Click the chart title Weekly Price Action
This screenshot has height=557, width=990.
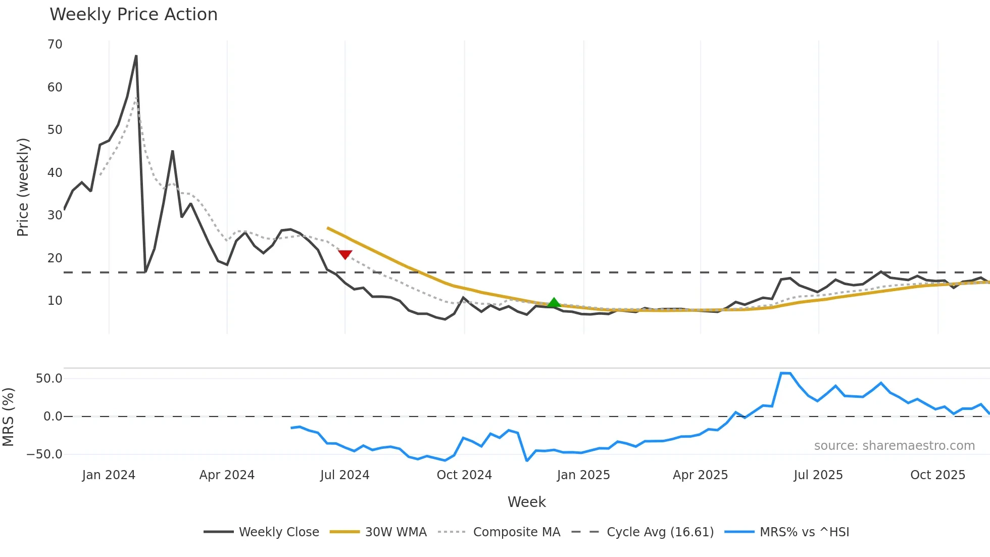(x=133, y=15)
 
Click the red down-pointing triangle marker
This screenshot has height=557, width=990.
(x=345, y=254)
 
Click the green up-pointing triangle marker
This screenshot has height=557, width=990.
(x=554, y=303)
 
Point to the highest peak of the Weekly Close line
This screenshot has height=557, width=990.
(x=136, y=56)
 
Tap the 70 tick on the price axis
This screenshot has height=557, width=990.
(x=55, y=44)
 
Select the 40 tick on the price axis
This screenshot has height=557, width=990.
(x=55, y=173)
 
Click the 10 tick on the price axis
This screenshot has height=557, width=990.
(x=55, y=301)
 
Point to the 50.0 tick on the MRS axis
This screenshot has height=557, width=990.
(x=49, y=379)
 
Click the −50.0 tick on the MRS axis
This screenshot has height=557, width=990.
(x=44, y=454)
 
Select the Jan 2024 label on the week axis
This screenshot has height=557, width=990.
(x=109, y=475)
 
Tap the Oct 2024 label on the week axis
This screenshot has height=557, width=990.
(x=464, y=475)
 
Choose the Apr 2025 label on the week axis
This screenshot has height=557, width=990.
(x=700, y=475)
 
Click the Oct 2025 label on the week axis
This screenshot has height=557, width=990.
(x=937, y=475)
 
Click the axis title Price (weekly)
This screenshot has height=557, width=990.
(x=23, y=187)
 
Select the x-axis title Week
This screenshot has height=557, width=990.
(x=526, y=502)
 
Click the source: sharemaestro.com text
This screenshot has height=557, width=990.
(x=894, y=446)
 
